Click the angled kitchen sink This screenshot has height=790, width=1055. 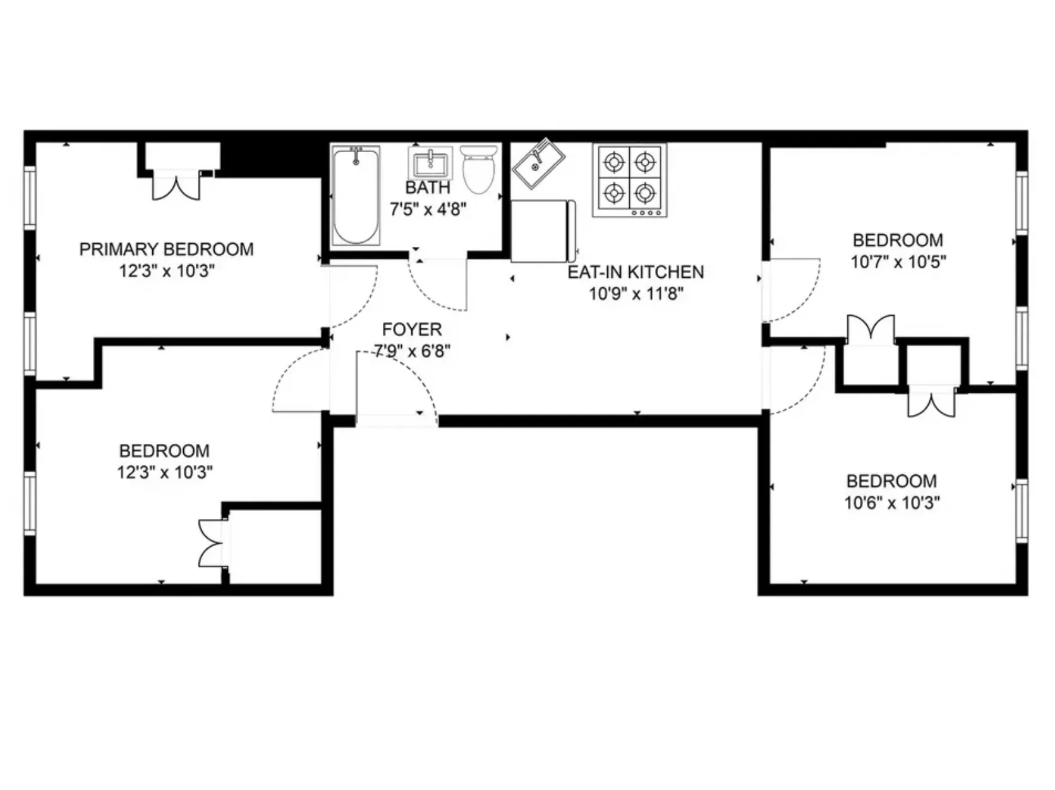539,163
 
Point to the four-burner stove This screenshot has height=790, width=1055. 629,181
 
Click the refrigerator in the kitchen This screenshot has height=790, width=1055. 543,230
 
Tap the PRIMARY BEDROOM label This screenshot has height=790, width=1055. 166,249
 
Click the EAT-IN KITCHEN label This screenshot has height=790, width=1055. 636,272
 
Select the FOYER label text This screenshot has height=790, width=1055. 412,330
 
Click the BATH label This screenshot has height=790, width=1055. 428,188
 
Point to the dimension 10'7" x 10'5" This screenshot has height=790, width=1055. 898,261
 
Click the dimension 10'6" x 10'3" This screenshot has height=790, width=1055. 892,503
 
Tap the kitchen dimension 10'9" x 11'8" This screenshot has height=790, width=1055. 636,294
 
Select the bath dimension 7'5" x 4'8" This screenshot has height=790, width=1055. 428,209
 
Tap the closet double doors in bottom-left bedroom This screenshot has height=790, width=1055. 212,543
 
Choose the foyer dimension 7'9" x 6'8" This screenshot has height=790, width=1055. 412,351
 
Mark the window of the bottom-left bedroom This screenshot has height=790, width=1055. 29,503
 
